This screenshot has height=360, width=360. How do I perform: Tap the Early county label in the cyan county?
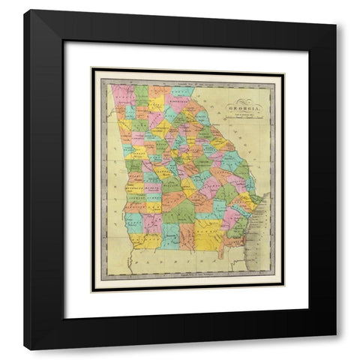pyautogui.click(x=133, y=222)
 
